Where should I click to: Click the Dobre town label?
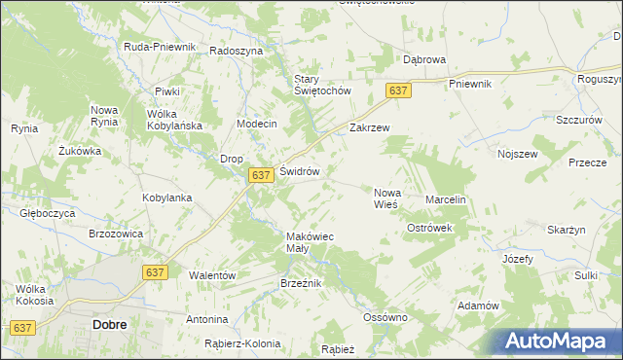[108, 324]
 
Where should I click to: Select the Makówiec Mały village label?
[310, 242]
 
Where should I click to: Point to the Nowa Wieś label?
[387, 198]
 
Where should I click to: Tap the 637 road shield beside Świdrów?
[259, 175]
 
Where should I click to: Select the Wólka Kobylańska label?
[173, 120]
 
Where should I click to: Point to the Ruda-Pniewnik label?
[161, 47]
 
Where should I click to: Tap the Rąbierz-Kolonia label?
[242, 343]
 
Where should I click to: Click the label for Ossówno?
[384, 317]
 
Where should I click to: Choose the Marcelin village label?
[447, 199]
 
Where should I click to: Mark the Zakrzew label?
[369, 127]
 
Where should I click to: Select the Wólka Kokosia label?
[34, 294]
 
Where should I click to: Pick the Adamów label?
[477, 306]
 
